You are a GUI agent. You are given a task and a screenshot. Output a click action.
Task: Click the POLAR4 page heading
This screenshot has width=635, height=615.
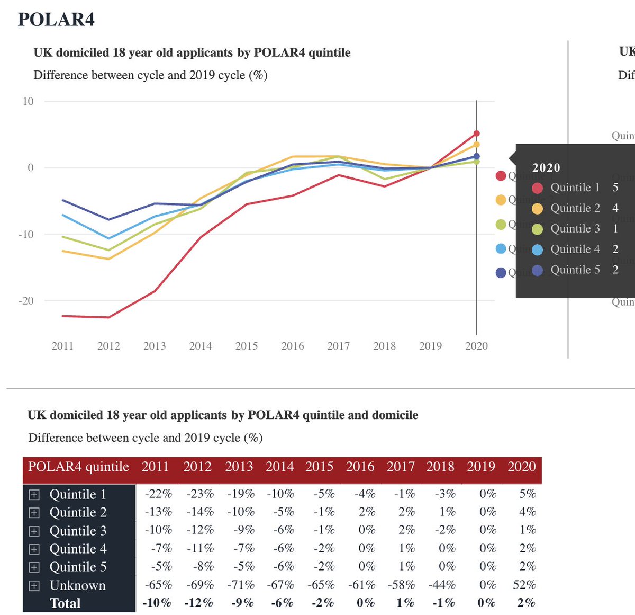56,20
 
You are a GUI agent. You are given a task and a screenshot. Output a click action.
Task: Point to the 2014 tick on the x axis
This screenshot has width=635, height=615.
201,346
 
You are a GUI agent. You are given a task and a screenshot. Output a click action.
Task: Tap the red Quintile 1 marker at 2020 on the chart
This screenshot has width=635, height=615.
477,133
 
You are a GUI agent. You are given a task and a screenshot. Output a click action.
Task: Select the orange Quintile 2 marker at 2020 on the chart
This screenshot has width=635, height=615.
477,145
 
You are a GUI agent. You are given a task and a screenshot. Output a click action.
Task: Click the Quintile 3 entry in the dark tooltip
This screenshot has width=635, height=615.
575,229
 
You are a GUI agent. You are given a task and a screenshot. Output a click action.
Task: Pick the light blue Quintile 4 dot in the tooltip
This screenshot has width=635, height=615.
537,249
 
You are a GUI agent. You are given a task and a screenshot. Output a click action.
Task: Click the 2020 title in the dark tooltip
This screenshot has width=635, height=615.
546,168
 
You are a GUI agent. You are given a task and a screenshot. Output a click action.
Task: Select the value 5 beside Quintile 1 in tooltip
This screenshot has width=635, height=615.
615,188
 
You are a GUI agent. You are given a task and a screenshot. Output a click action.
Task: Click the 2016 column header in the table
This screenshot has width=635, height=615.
360,467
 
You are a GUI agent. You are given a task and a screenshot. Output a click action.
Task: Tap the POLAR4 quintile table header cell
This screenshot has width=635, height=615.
78,467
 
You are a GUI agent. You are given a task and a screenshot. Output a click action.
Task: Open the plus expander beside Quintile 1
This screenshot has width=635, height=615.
34,495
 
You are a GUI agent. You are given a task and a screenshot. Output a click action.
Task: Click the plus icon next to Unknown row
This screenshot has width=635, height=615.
34,585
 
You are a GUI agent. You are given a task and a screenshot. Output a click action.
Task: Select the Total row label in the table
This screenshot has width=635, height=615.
65,603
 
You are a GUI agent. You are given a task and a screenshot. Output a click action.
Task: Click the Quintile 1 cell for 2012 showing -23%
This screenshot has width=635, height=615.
200,494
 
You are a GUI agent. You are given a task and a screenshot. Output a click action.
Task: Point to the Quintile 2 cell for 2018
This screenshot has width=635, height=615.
447,512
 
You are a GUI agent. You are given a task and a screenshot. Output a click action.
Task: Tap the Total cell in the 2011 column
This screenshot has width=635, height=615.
157,603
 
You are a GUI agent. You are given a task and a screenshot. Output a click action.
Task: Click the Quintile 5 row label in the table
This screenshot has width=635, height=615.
78,567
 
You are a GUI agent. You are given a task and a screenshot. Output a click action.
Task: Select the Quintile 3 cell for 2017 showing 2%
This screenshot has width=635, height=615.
406,530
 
